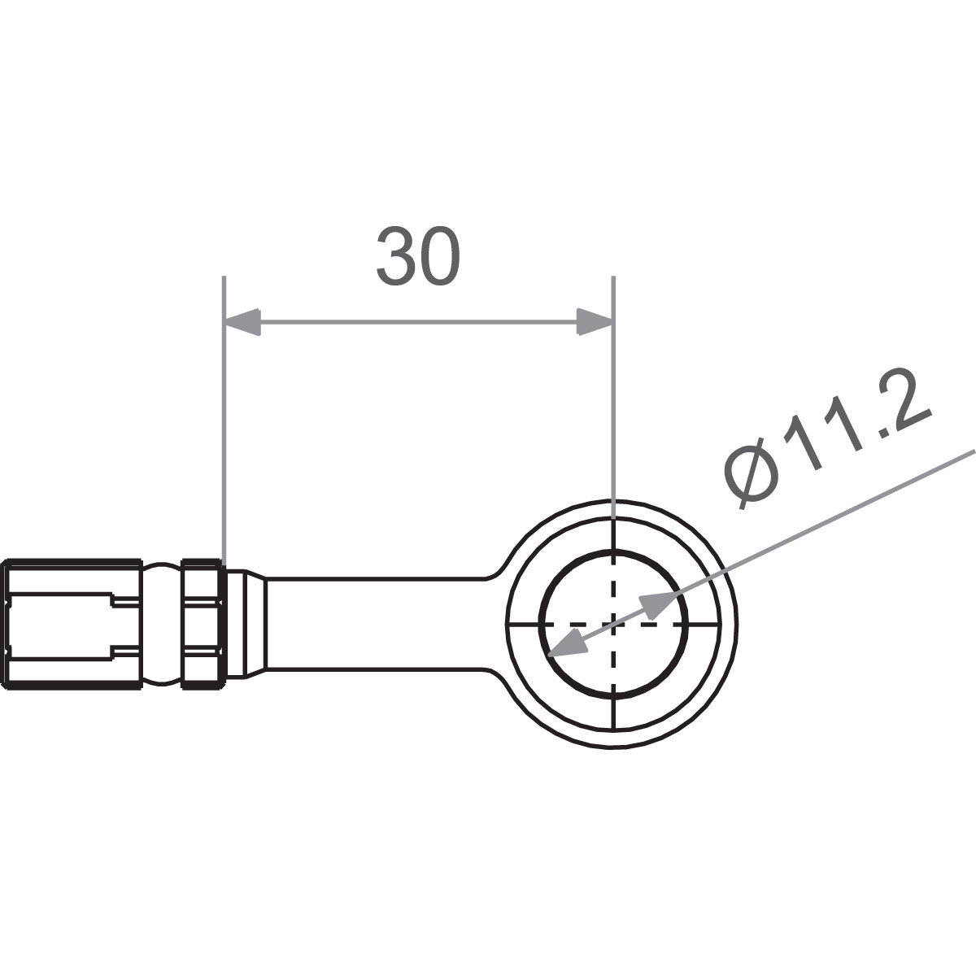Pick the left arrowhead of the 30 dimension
(242, 321)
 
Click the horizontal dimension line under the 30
(417, 321)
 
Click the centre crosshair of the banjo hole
(614, 624)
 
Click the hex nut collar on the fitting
(202, 624)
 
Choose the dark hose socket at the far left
(73, 624)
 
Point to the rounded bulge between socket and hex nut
(163, 624)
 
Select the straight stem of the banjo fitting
(374, 624)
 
